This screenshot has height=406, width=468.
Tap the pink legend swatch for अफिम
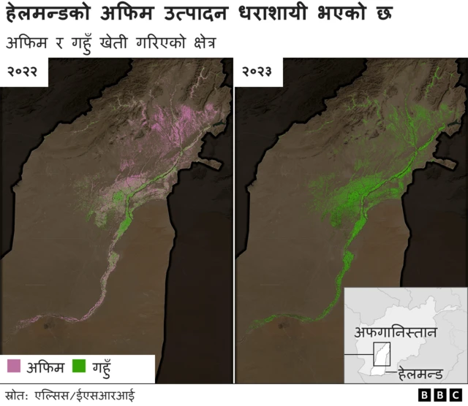[14, 365]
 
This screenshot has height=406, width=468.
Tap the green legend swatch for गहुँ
[80, 365]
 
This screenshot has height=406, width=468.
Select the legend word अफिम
[45, 365]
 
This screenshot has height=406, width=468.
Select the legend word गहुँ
[105, 365]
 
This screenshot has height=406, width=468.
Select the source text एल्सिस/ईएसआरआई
[85, 396]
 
